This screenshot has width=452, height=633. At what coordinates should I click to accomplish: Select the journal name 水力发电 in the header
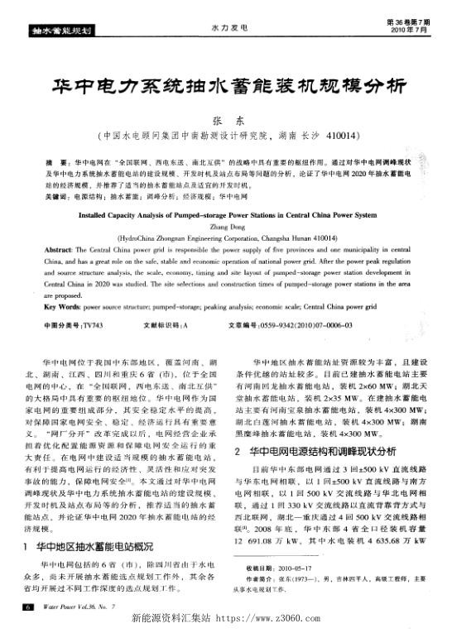[x=225, y=26]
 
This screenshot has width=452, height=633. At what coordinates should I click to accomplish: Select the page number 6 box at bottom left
[x=27, y=607]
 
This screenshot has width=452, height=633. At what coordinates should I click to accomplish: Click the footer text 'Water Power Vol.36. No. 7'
[x=70, y=607]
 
